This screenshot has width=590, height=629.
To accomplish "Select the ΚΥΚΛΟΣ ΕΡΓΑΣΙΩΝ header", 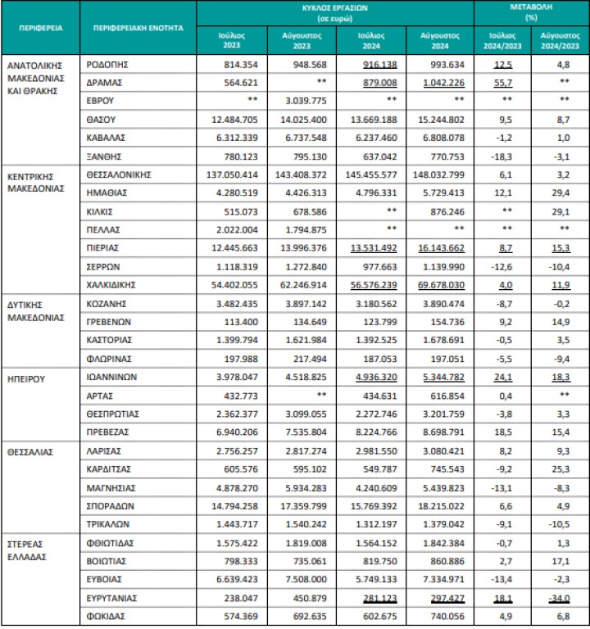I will click(334, 11).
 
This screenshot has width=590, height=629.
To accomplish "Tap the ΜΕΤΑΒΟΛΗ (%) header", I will click(531, 11).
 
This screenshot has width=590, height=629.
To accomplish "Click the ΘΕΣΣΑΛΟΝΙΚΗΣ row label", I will click(120, 174).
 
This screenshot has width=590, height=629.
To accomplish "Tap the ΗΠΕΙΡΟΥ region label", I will click(28, 378).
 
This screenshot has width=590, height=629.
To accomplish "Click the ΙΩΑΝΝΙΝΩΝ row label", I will click(112, 378).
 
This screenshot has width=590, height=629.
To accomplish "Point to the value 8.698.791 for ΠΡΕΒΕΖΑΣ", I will click(442, 432).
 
